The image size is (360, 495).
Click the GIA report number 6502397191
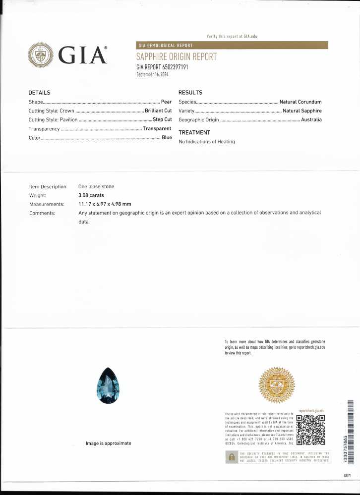162,66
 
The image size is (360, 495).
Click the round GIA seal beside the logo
40,55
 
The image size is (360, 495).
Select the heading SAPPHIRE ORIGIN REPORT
176,56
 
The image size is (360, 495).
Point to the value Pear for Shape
166,102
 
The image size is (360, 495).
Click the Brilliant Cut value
158,110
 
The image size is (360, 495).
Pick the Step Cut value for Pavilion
162,119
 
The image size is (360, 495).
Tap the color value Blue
167,137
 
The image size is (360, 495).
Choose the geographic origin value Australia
311,119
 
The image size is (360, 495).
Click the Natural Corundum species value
300,102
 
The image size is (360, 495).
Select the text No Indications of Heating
207,142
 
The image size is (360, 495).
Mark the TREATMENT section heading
194,132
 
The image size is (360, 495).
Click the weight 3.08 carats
91,195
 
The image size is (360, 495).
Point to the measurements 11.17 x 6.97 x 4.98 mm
105,204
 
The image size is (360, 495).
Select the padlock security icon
231,456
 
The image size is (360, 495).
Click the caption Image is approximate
109,443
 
